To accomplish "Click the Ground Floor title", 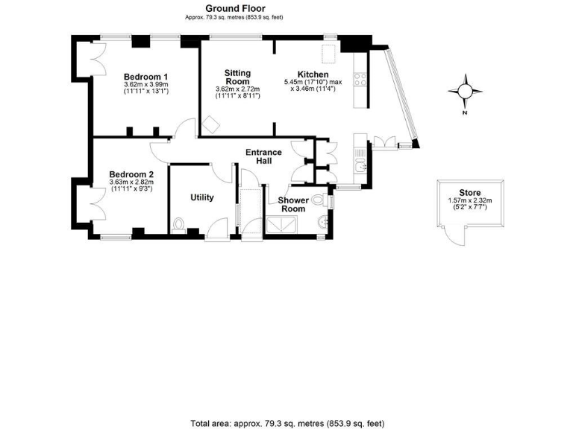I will tap(233, 7).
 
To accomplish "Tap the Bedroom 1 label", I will tap(145, 77).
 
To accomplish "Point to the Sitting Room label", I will tap(237, 77).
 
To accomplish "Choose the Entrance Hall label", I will tap(264, 157).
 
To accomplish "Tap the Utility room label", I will tap(202, 197).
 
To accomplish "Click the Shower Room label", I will tap(292, 205).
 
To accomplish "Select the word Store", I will tap(469, 191).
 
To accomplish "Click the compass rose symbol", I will tap(465, 91).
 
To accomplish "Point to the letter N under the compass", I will tap(465, 113).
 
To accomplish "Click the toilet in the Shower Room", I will tap(319, 200).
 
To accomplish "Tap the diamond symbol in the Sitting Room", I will tap(211, 124).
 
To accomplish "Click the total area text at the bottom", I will tap(287, 422).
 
